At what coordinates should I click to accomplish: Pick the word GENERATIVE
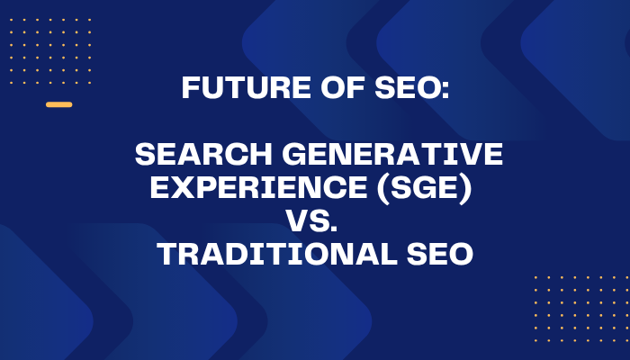[x=388, y=155]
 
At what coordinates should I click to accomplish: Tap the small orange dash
[x=58, y=104]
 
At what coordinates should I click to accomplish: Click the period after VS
[x=343, y=229]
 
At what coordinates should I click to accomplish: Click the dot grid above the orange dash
[x=50, y=50]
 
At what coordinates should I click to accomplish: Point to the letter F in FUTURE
[x=190, y=88]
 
